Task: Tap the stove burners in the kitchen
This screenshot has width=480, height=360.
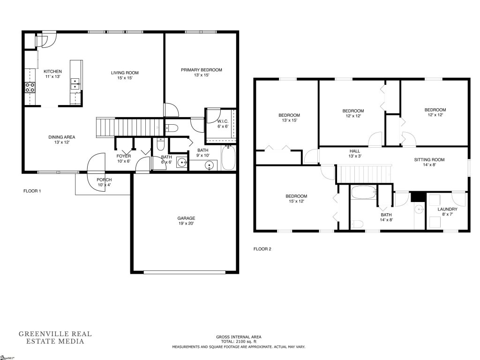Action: pyautogui.click(x=30, y=87)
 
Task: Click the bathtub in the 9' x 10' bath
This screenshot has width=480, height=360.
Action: pyautogui.click(x=229, y=158)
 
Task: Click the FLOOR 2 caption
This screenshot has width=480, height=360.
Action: pyautogui.click(x=262, y=249)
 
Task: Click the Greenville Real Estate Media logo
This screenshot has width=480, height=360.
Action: pyautogui.click(x=55, y=337)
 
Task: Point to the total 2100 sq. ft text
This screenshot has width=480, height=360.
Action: pyautogui.click(x=239, y=342)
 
